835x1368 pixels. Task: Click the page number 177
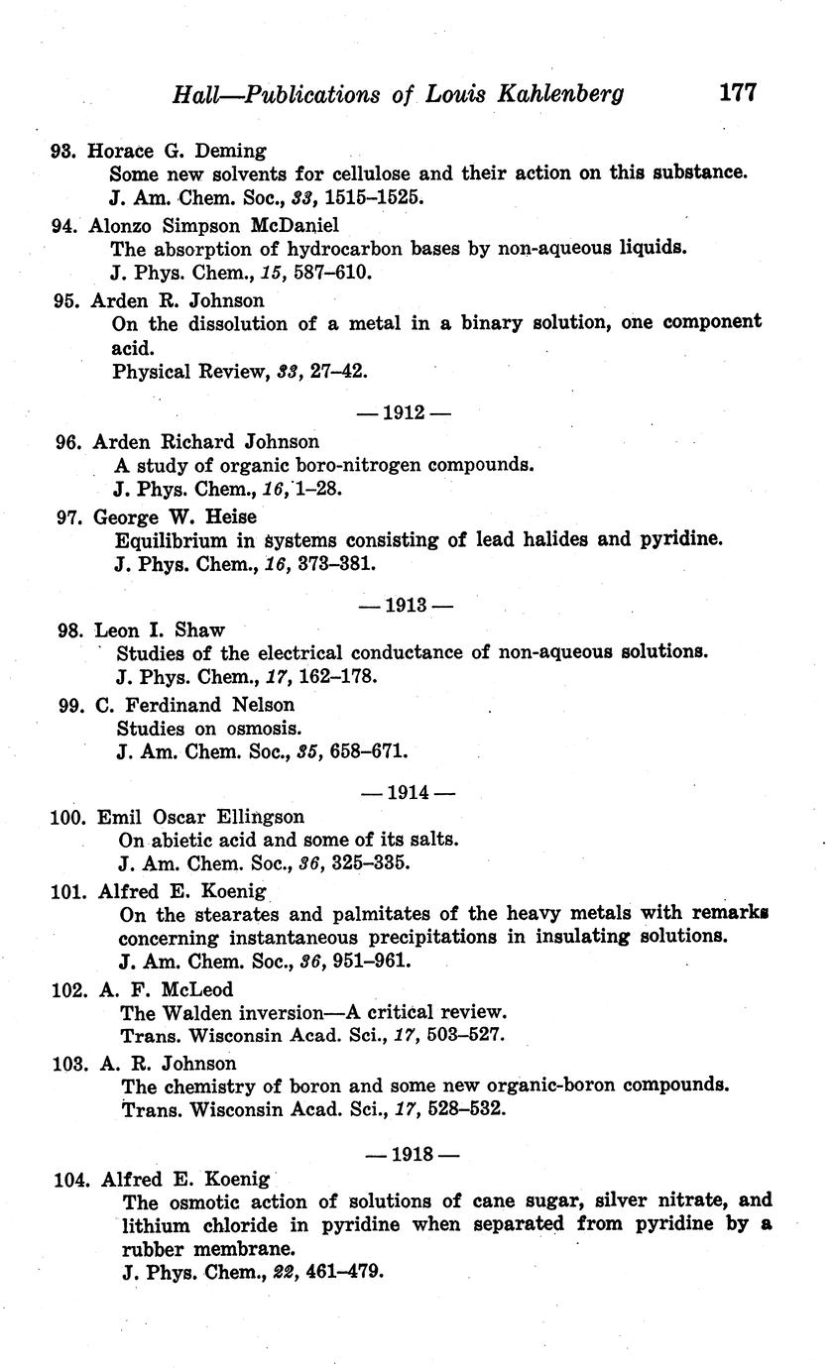pos(738,92)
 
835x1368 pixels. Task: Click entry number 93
pos(63,152)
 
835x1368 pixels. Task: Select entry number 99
pos(72,705)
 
